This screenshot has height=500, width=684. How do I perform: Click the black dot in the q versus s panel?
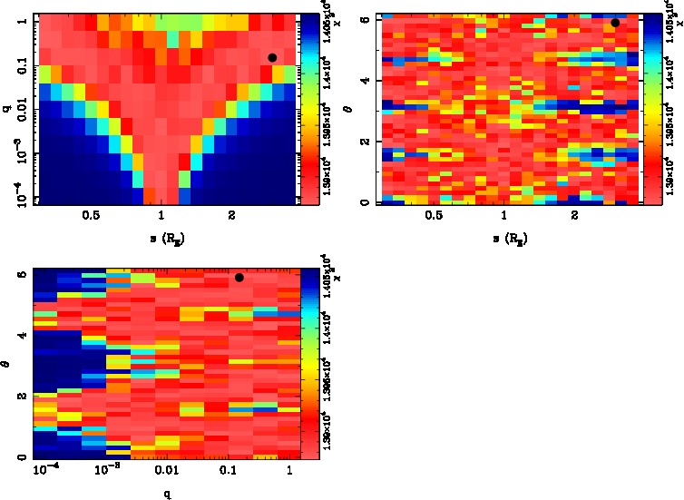272,57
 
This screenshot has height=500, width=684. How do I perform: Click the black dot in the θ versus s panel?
615,23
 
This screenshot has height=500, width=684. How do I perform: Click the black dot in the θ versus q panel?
239,278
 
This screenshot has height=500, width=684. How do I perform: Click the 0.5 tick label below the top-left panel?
91,218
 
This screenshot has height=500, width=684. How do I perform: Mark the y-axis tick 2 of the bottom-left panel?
21,397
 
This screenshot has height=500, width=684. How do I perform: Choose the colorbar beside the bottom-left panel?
308,365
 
